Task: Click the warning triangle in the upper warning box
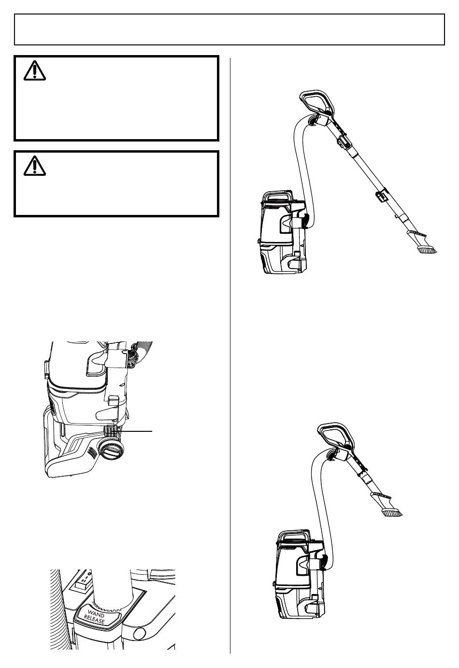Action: [34, 71]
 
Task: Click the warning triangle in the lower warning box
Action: [34, 166]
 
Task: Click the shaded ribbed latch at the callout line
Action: [111, 431]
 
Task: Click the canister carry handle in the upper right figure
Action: [278, 196]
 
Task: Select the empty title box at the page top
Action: [229, 29]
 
